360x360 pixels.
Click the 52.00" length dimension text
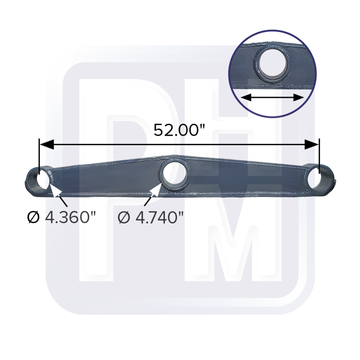[179, 130]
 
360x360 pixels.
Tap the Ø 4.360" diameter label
[61, 217]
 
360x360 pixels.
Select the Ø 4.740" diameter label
[151, 217]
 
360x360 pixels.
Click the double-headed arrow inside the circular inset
[272, 98]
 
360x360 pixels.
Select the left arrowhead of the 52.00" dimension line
[47, 144]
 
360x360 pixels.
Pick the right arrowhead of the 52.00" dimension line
[311, 144]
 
